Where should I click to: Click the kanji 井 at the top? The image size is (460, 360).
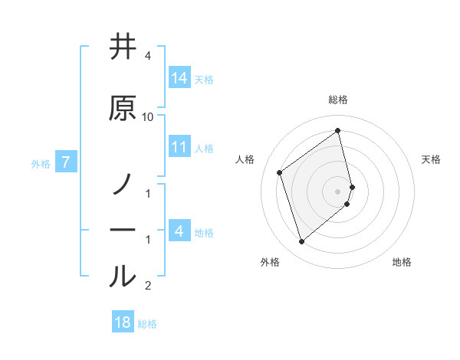pos(123,47)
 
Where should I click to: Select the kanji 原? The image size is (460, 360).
pos(123,108)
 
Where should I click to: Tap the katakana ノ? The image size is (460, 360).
pos(123,185)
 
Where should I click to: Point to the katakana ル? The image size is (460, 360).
pos(123,277)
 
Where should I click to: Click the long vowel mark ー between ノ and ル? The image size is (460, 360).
pos(123,231)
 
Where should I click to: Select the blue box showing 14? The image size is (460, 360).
pos(179,78)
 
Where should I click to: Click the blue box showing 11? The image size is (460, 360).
pos(179,147)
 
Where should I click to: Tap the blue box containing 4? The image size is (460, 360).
pos(179,231)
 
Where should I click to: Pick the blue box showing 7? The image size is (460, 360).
pos(66,162)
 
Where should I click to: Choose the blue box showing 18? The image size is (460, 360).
pos(123,322)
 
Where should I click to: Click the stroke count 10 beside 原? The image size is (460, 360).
pos(148,116)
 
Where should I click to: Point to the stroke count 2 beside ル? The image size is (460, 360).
pos(148,286)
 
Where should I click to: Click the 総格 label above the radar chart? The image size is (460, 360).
pos(338,100)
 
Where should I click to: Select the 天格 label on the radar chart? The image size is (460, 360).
pos(432,159)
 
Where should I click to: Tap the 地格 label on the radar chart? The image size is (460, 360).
pos(402,262)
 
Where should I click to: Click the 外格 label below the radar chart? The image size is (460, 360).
pos(270,262)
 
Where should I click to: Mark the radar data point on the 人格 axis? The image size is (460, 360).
pos(280,172)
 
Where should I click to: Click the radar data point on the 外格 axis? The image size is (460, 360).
pos(301,242)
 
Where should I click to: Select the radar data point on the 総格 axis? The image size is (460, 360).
pos(338,130)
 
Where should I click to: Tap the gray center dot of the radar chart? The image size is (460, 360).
pos(338,191)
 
